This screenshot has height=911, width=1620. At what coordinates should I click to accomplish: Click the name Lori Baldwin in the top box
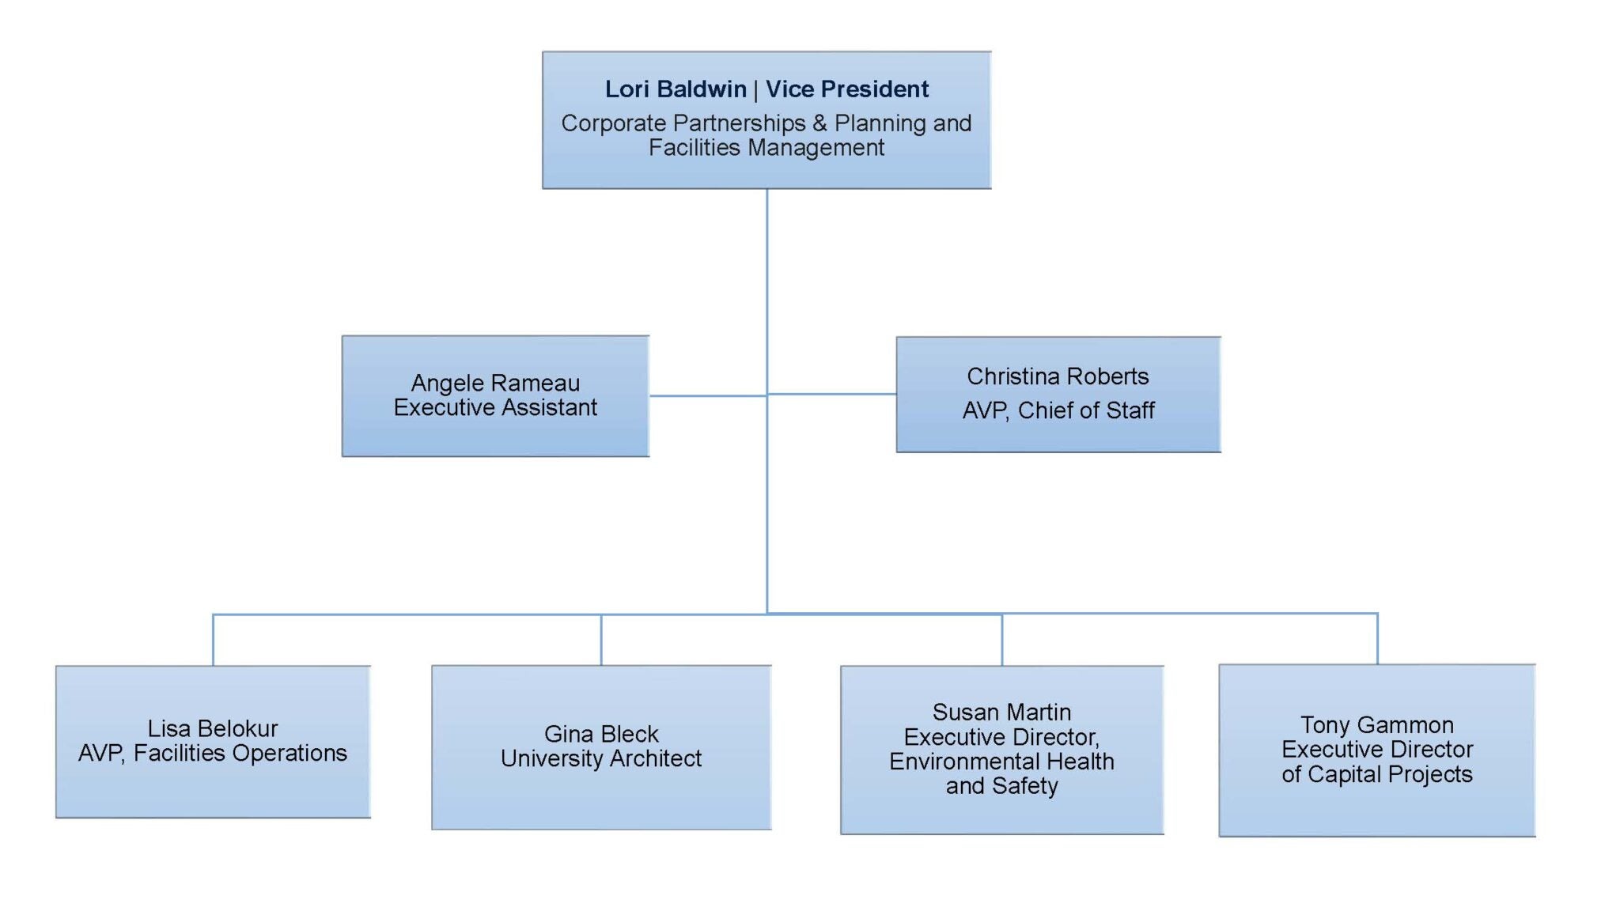pyautogui.click(x=675, y=89)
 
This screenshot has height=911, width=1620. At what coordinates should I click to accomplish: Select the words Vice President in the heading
pyautogui.click(x=846, y=89)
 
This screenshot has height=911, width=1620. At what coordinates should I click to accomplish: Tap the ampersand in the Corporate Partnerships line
pyautogui.click(x=819, y=123)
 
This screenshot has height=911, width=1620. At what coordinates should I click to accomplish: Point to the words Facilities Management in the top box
pyautogui.click(x=766, y=148)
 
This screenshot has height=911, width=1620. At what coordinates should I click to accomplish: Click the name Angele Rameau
pyautogui.click(x=495, y=384)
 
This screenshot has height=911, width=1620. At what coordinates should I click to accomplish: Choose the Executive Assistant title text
pyautogui.click(x=495, y=408)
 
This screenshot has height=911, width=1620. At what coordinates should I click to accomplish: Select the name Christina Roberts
pyautogui.click(x=1058, y=376)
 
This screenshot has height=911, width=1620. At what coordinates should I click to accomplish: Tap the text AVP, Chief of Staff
pyautogui.click(x=1058, y=410)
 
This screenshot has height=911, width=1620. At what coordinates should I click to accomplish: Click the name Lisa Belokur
pyautogui.click(x=213, y=728)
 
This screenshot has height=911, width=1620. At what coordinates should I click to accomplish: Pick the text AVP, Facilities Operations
pyautogui.click(x=213, y=754)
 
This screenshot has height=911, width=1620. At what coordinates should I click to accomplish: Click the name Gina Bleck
pyautogui.click(x=601, y=734)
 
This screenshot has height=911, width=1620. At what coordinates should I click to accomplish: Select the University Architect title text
pyautogui.click(x=601, y=759)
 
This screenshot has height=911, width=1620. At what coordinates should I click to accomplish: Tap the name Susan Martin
pyautogui.click(x=1001, y=713)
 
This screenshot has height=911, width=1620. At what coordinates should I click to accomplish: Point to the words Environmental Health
pyautogui.click(x=1001, y=762)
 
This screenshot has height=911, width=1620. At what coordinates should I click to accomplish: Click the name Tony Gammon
pyautogui.click(x=1377, y=725)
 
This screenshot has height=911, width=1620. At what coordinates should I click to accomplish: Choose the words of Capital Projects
pyautogui.click(x=1377, y=774)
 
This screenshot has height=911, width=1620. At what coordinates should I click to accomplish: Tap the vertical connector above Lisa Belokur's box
pyautogui.click(x=214, y=640)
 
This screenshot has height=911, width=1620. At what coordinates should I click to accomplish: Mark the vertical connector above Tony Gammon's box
pyautogui.click(x=1377, y=638)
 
